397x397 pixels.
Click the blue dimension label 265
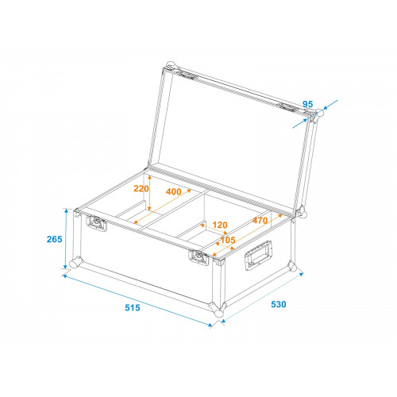pyautogui.click(x=54, y=239)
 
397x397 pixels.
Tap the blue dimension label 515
pyautogui.click(x=133, y=307)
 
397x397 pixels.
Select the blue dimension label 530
pyautogui.click(x=279, y=304)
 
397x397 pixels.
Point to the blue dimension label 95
pyautogui.click(x=307, y=104)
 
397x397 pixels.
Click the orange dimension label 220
pyautogui.click(x=141, y=189)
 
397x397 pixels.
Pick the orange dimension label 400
pyautogui.click(x=174, y=191)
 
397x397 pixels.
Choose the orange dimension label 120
pyautogui.click(x=220, y=225)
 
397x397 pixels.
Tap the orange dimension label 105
pyautogui.click(x=228, y=240)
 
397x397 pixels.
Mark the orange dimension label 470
pyautogui.click(x=260, y=220)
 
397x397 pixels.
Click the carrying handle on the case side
pyautogui.click(x=259, y=255)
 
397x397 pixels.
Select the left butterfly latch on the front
pyautogui.click(x=96, y=223)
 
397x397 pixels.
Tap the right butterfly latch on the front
pyautogui.click(x=198, y=257)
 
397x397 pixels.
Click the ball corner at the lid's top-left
pyautogui.click(x=171, y=66)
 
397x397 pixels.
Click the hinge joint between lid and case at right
pyautogui.click(x=301, y=212)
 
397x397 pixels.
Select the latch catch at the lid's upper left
pyautogui.click(x=187, y=75)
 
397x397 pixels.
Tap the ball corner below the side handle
pyautogui.click(x=293, y=266)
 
